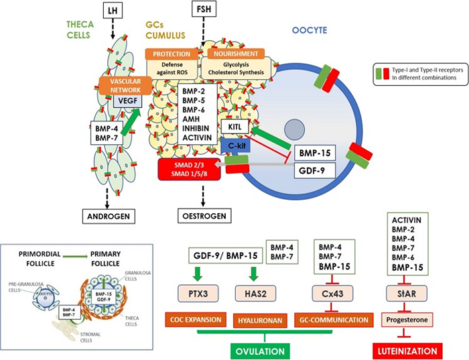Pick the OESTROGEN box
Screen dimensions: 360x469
tap(202, 216)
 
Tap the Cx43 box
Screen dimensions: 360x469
tap(329, 292)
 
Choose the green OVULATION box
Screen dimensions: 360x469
tap(265, 350)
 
